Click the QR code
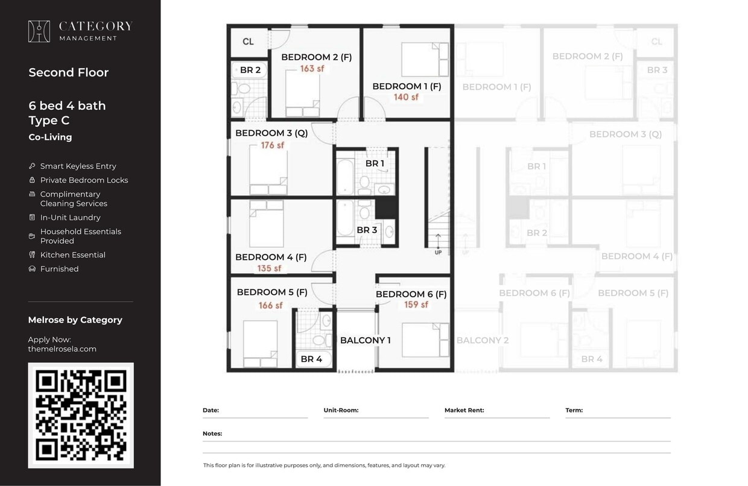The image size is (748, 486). pyautogui.click(x=81, y=415)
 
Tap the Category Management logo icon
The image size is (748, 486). pyautogui.click(x=39, y=31)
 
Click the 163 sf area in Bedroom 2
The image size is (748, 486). pyautogui.click(x=312, y=69)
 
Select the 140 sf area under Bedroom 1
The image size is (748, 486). pyautogui.click(x=406, y=97)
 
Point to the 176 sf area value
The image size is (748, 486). pyautogui.click(x=272, y=145)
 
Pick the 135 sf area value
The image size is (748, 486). pyautogui.click(x=269, y=268)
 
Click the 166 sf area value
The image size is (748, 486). pyautogui.click(x=270, y=305)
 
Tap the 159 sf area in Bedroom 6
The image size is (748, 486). pyautogui.click(x=416, y=305)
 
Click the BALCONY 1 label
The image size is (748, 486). pyautogui.click(x=365, y=340)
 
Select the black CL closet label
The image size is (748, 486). pyautogui.click(x=248, y=42)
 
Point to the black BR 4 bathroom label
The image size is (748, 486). pyautogui.click(x=311, y=359)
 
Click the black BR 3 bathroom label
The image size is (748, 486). pyautogui.click(x=367, y=230)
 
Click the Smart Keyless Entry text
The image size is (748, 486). pyautogui.click(x=78, y=166)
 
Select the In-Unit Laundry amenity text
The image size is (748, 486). pyautogui.click(x=70, y=217)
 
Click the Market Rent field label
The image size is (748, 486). pyautogui.click(x=464, y=410)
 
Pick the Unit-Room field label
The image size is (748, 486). pyautogui.click(x=341, y=410)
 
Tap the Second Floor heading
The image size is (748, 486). pyautogui.click(x=68, y=72)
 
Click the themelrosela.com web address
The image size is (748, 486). pyautogui.click(x=62, y=349)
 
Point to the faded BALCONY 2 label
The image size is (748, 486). pyautogui.click(x=482, y=340)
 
